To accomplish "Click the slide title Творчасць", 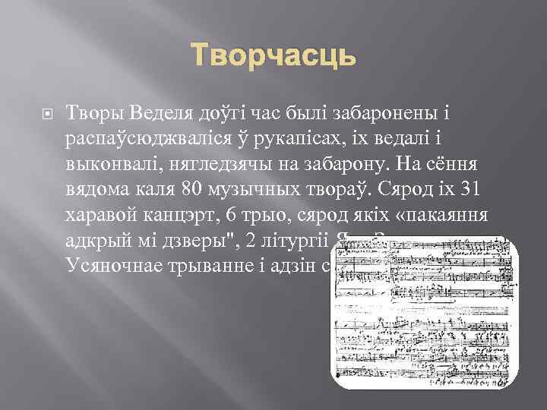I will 273,55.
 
